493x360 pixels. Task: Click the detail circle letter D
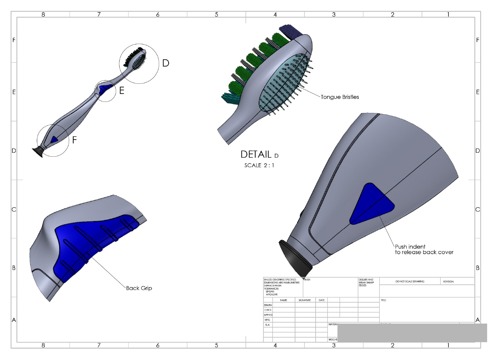[x=166, y=63]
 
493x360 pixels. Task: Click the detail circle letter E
[x=122, y=91]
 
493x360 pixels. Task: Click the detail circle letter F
[x=75, y=140]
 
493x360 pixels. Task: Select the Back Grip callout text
[x=139, y=288]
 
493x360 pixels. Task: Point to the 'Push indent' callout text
[x=410, y=247]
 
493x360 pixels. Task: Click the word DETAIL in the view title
[x=256, y=154]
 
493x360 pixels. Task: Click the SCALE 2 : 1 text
[x=259, y=165]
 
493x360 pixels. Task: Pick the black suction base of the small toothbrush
[x=37, y=152]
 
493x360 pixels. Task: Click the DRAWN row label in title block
[x=268, y=305]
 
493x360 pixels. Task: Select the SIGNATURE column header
[x=305, y=300]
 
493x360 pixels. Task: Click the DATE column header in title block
[x=321, y=300]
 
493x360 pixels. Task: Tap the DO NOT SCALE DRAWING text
[x=410, y=281]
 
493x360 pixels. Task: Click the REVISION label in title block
[x=448, y=281]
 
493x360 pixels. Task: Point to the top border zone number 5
[x=216, y=14]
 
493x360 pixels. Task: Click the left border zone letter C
[x=14, y=209]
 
